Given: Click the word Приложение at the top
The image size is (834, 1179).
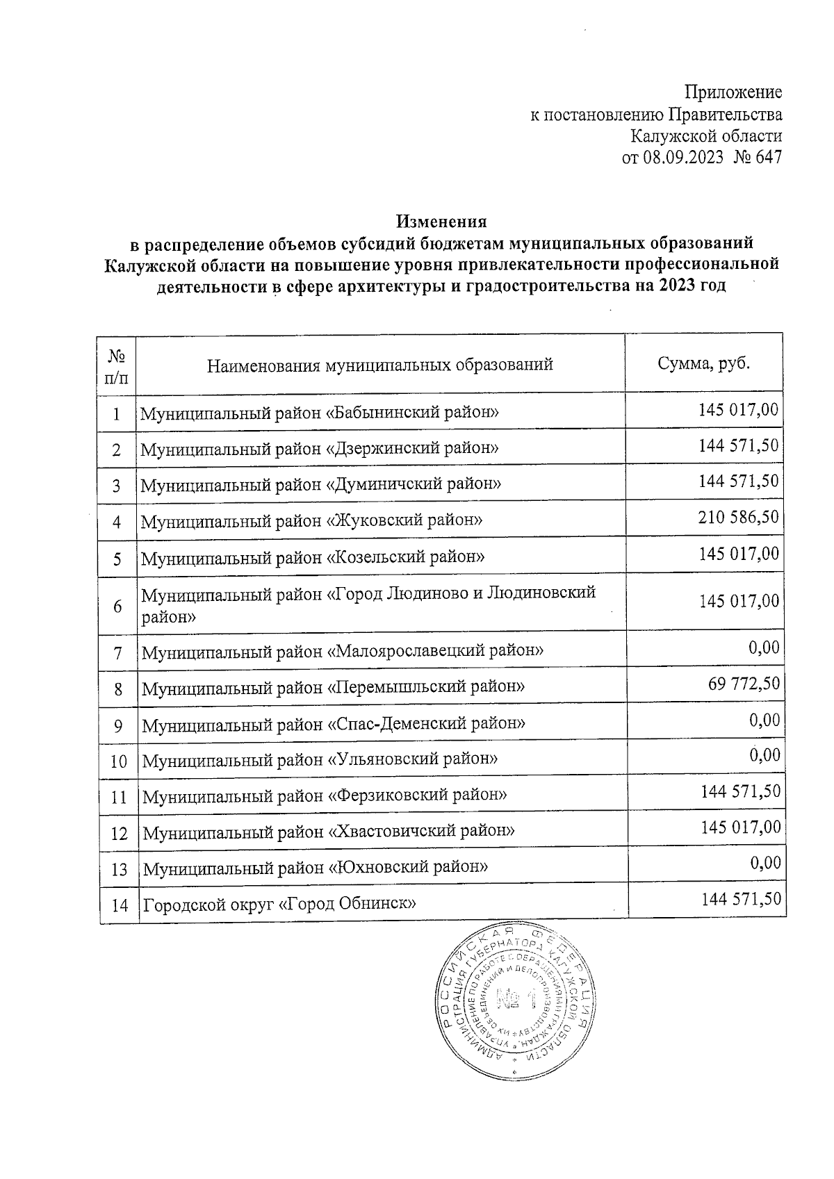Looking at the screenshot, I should (x=733, y=92).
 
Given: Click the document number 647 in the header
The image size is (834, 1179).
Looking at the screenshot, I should (x=767, y=158).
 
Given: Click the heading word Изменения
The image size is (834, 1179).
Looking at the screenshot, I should (x=442, y=222).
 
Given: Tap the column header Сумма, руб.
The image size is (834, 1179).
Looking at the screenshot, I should (x=704, y=363).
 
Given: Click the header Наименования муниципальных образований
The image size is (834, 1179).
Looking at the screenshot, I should (x=380, y=364).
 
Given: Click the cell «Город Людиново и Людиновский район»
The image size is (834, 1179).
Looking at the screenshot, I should (x=368, y=604).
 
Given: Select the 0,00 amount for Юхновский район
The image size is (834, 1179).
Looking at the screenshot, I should (x=765, y=863).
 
